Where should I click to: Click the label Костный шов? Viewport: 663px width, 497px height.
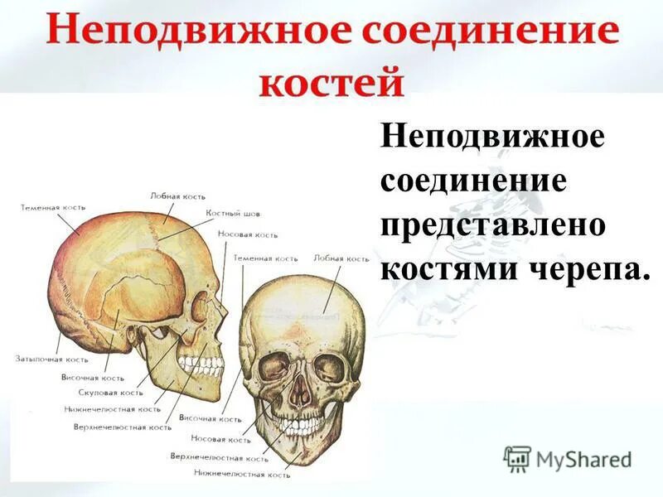(233, 214)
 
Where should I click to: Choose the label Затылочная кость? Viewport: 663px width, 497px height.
(51, 359)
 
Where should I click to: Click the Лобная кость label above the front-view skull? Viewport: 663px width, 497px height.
(341, 258)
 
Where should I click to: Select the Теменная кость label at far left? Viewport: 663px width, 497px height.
(53, 207)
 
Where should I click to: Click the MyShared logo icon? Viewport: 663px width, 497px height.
(518, 458)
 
